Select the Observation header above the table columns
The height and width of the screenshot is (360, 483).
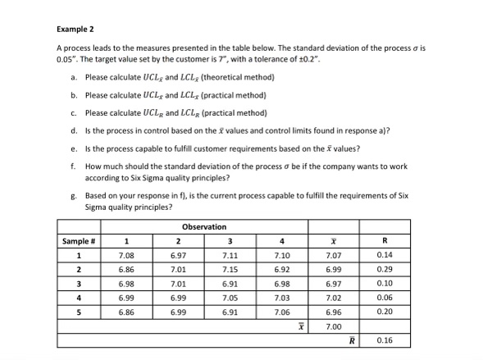pos(204,227)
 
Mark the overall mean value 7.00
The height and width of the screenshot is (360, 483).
pos(332,326)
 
